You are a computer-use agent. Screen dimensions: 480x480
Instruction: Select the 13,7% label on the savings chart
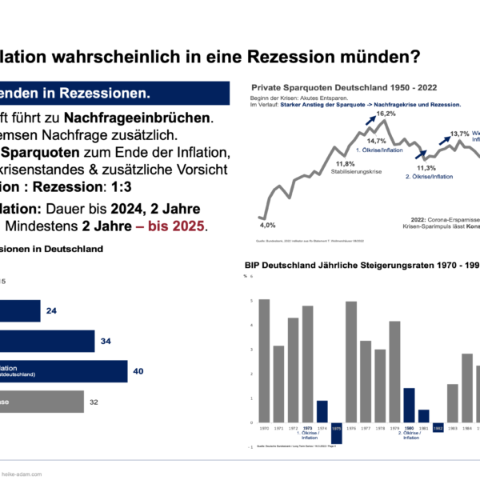pyautogui.click(x=460, y=134)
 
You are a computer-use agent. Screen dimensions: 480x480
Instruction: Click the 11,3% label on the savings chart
pyautogui.click(x=426, y=168)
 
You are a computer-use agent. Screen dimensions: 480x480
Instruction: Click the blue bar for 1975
pyautogui.click(x=336, y=433)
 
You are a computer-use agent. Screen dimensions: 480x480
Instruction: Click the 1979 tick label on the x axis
pyautogui.click(x=394, y=429)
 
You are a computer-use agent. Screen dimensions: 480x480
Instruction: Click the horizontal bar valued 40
pyautogui.click(x=64, y=371)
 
